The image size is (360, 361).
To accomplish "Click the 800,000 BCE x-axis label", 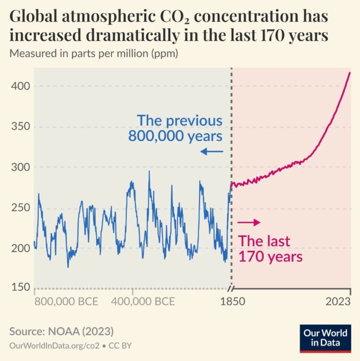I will pos(66,301).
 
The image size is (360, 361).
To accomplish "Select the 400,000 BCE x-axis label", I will pos(142,301).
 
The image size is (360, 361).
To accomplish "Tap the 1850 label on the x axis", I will pos(232,301).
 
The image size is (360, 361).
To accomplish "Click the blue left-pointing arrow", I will pos(211,151).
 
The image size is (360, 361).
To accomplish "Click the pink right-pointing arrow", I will pos(249,222).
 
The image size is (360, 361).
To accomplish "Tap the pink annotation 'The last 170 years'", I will pos(270,249).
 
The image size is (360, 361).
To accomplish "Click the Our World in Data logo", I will pos(325,338).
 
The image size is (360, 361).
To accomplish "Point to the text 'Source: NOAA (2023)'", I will pos(61,331).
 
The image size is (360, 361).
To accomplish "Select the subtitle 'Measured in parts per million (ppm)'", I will pos(94,54).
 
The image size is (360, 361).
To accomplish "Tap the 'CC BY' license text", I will pos(122,346).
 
